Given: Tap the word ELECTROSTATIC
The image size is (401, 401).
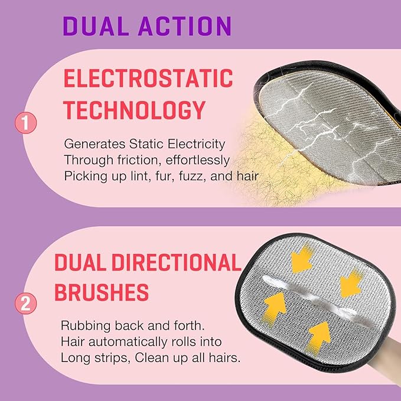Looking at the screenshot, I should click(x=148, y=79).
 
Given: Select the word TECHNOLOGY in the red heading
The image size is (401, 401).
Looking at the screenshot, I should click(x=134, y=110).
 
